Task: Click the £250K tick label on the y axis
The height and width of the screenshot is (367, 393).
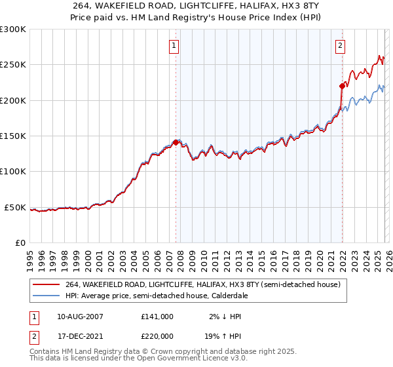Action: click(x=13, y=65)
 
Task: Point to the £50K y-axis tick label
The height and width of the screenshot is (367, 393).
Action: click(x=16, y=207)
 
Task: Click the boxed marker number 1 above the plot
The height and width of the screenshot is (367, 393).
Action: click(x=174, y=45)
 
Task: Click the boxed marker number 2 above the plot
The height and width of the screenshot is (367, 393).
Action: click(x=341, y=45)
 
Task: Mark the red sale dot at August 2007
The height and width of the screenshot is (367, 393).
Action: click(x=176, y=142)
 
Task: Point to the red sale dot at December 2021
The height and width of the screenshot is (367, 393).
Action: click(x=341, y=86)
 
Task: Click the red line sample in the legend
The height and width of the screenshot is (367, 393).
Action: click(x=47, y=285)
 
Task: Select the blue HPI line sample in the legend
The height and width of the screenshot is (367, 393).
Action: click(x=47, y=296)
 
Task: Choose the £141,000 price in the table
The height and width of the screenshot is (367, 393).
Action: click(x=157, y=316)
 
